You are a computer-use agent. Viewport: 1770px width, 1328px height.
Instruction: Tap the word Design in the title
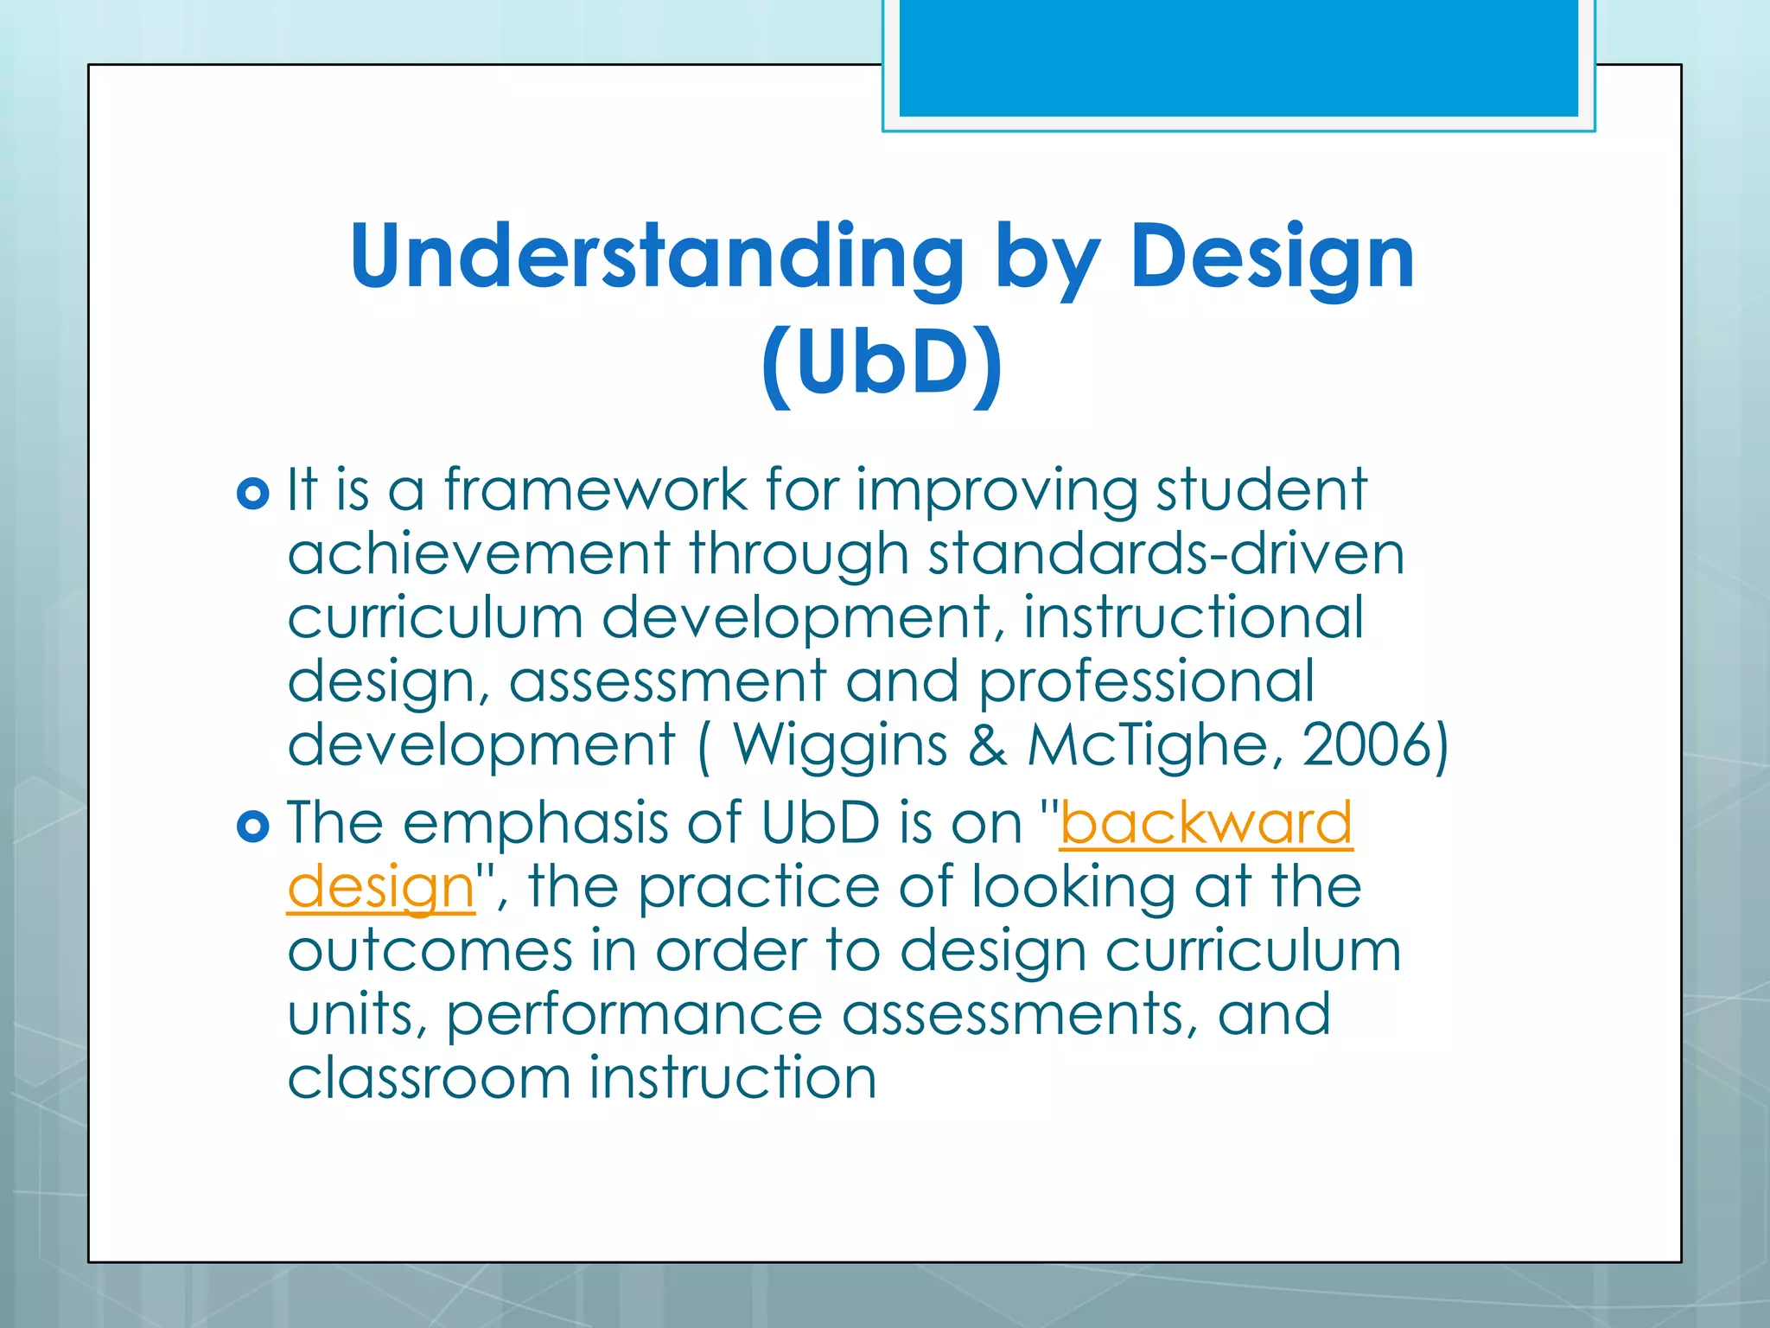(x=1272, y=257)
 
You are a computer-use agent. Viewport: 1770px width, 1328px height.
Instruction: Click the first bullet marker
(x=252, y=494)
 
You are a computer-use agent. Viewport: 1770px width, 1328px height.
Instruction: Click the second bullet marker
(x=252, y=827)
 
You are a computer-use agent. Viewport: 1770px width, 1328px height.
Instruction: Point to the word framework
(x=595, y=490)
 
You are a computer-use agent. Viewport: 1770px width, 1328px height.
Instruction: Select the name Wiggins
(x=840, y=744)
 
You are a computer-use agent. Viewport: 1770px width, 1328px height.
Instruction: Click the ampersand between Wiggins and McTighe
(x=987, y=744)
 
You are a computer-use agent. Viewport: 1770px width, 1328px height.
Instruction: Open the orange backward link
(x=1206, y=823)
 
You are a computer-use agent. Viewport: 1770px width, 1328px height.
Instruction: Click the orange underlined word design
(x=381, y=888)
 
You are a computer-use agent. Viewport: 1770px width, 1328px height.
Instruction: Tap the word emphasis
(x=535, y=823)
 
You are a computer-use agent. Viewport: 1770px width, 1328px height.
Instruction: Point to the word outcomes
(x=430, y=951)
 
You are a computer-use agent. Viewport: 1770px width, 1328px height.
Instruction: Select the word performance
(x=634, y=1015)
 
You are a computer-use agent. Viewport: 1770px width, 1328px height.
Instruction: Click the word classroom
(x=429, y=1078)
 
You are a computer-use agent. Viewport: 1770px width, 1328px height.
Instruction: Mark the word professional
(x=1146, y=681)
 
